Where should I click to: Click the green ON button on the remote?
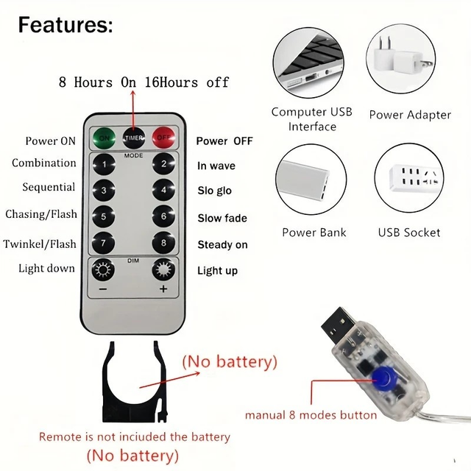pyautogui.click(x=104, y=138)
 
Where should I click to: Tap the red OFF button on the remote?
pyautogui.click(x=163, y=138)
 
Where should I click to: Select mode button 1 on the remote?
pyautogui.click(x=104, y=164)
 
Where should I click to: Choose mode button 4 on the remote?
pyautogui.click(x=163, y=190)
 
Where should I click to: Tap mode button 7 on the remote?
pyautogui.click(x=104, y=243)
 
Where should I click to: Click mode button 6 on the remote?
pyautogui.click(x=163, y=216)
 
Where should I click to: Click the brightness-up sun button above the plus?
pyautogui.click(x=163, y=269)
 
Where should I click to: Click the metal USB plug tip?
pyautogui.click(x=338, y=323)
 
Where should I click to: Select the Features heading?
pyautogui.click(x=65, y=25)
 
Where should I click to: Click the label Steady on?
pyautogui.click(x=222, y=245)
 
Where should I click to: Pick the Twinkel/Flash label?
pyautogui.click(x=40, y=244)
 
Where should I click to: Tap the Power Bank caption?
pyautogui.click(x=314, y=233)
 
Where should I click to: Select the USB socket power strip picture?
pyautogui.click(x=415, y=178)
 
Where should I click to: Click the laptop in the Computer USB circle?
pyautogui.click(x=309, y=62)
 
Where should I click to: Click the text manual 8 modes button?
pyautogui.click(x=311, y=415)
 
